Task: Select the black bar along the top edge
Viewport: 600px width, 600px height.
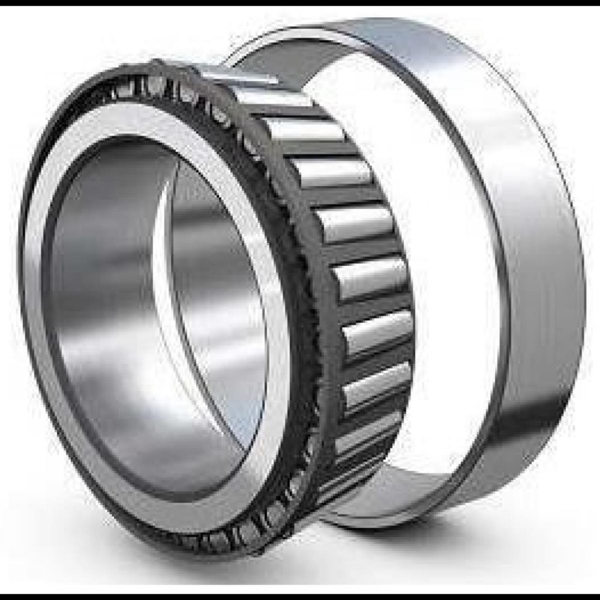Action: (x=300, y=2)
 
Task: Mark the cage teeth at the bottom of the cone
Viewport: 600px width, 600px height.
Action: (x=234, y=536)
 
